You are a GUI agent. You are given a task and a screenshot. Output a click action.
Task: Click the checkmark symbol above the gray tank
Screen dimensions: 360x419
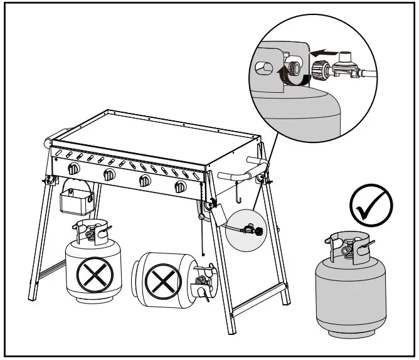pyautogui.click(x=370, y=204)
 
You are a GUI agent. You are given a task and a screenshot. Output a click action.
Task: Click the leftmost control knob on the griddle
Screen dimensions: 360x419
pyautogui.click(x=74, y=169)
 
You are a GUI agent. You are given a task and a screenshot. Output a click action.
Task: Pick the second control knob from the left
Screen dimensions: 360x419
pyautogui.click(x=110, y=175)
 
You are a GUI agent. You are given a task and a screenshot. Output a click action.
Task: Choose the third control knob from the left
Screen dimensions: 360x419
pyautogui.click(x=145, y=181)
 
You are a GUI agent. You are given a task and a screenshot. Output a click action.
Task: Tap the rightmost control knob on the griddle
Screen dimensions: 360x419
pyautogui.click(x=181, y=186)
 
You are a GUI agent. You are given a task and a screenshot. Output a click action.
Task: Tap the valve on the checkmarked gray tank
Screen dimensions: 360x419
pyautogui.click(x=347, y=249)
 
